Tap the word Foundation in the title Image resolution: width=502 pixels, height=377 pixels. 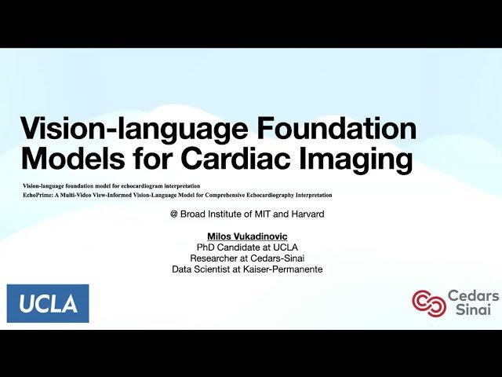346,129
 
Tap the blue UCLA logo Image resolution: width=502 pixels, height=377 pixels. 48,303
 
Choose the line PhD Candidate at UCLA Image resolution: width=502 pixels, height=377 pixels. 247,247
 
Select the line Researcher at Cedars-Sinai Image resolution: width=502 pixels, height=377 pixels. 247,258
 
